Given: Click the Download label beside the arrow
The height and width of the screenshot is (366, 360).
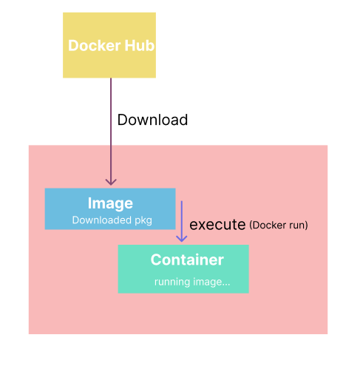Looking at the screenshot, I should pyautogui.click(x=152, y=120).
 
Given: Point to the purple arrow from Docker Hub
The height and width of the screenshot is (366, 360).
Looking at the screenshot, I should pyautogui.click(x=111, y=126).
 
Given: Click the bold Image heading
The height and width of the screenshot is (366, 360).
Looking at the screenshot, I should pyautogui.click(x=110, y=203).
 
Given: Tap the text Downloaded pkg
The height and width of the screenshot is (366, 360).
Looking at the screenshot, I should pyautogui.click(x=112, y=220).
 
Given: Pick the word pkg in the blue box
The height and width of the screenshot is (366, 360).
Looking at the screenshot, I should pyautogui.click(x=143, y=220).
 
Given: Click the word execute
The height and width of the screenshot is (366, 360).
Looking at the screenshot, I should pyautogui.click(x=217, y=225).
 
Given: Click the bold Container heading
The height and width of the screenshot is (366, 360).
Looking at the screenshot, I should pyautogui.click(x=186, y=260).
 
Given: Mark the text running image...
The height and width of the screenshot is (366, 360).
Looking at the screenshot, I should pyautogui.click(x=191, y=282).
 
